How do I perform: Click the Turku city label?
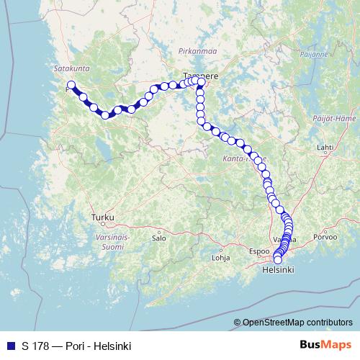103,216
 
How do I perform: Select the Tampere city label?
201,74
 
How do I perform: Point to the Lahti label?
325,147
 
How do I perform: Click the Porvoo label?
325,236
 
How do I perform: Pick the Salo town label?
159,237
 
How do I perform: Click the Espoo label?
258,252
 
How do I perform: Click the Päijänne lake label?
315,54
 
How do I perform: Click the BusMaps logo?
325,346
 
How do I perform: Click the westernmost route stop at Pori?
71,85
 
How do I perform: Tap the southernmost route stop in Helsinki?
277,259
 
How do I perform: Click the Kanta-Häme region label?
246,158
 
